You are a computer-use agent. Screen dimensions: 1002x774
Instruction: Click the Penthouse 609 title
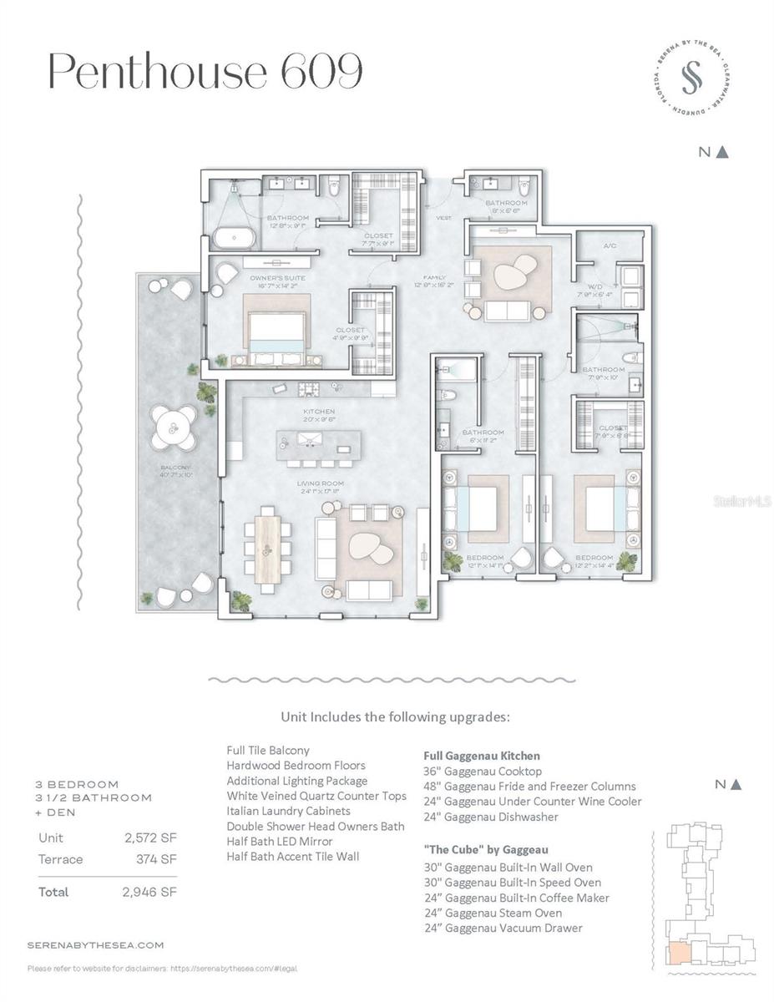(205, 72)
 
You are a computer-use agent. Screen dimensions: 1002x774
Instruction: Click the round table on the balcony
(175, 428)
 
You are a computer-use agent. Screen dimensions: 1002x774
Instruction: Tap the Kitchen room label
(319, 412)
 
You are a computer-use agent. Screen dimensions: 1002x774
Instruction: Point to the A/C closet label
(610, 246)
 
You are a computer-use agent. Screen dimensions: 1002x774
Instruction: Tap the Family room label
(434, 277)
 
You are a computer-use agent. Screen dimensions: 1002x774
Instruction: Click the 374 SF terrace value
(158, 858)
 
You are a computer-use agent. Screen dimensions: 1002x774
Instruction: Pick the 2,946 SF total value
(149, 892)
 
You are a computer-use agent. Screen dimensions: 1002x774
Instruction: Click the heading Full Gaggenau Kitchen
(482, 756)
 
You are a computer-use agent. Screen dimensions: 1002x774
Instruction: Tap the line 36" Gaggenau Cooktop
(483, 771)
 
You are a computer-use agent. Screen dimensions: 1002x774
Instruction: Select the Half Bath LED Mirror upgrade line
(279, 841)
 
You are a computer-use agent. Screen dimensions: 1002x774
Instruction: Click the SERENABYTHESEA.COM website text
(95, 945)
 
